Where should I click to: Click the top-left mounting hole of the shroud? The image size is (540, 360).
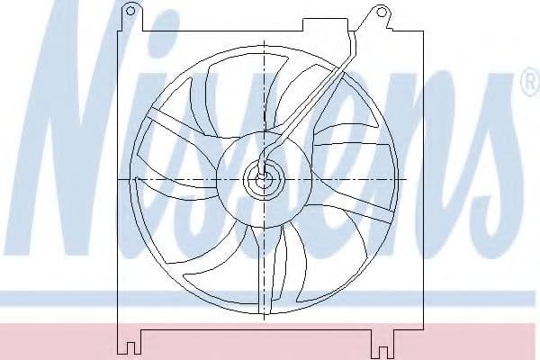130,11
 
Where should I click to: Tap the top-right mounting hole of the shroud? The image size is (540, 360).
381,13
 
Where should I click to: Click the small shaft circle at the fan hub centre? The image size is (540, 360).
263,179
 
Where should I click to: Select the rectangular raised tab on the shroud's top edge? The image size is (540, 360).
325,25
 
